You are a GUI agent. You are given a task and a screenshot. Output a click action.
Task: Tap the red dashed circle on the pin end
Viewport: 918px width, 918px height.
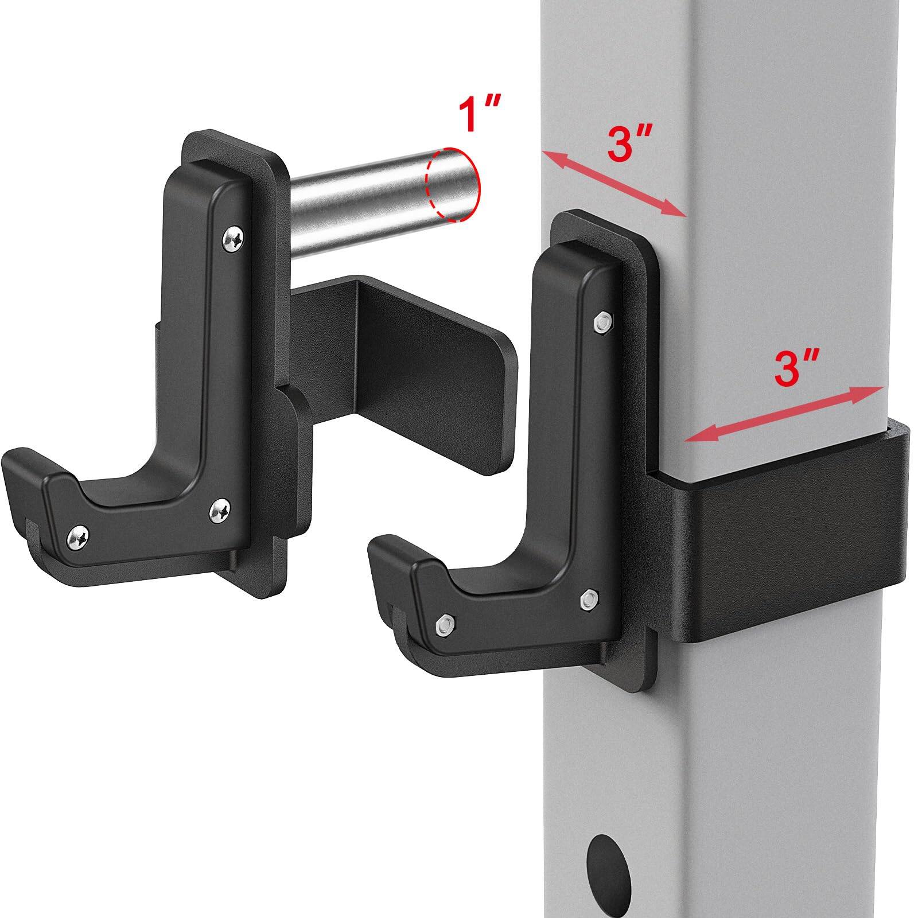(454, 184)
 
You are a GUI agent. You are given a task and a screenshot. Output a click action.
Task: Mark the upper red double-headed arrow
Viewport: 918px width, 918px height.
(614, 181)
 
